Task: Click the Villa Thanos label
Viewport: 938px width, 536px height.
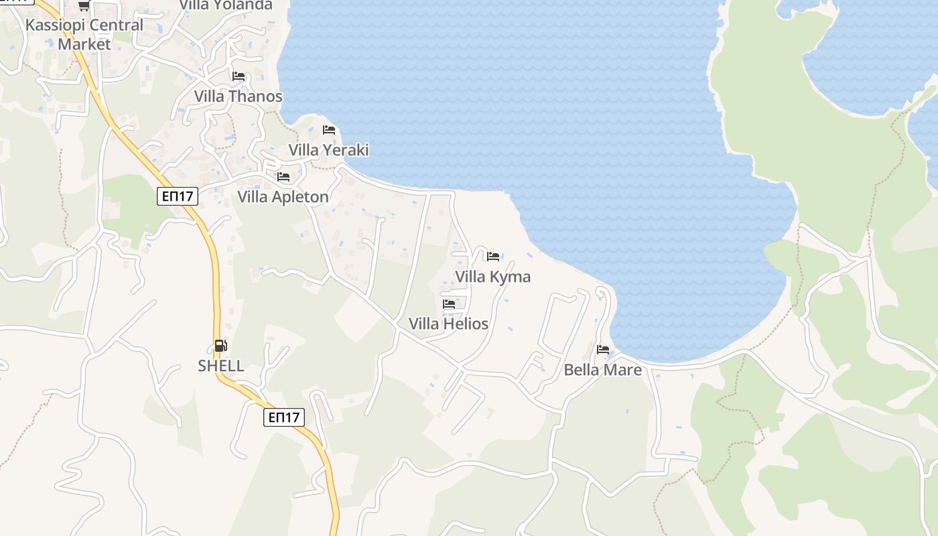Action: (x=239, y=96)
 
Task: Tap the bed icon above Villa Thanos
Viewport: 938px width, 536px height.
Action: (x=239, y=76)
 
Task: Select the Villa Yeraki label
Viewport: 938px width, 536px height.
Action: (x=328, y=150)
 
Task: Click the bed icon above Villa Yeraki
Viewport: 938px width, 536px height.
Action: (x=329, y=130)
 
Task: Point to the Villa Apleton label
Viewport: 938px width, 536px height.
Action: (x=283, y=197)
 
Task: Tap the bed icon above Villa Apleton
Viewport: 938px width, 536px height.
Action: (x=283, y=177)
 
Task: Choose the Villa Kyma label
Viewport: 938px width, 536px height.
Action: (x=493, y=277)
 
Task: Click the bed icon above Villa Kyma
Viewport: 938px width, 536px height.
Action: (x=493, y=257)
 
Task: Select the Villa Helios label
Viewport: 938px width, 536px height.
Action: (x=449, y=324)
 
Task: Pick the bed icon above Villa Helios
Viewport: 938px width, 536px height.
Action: (x=449, y=304)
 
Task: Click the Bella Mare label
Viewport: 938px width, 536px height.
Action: (x=603, y=370)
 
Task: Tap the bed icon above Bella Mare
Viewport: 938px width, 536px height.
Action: (x=603, y=350)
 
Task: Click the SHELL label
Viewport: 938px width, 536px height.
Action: (x=221, y=366)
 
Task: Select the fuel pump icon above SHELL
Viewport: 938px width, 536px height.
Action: (x=220, y=346)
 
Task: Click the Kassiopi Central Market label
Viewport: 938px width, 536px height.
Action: (x=84, y=34)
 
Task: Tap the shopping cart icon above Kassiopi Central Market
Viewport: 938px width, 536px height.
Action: (x=84, y=6)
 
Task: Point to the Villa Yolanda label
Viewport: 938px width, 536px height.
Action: (x=226, y=5)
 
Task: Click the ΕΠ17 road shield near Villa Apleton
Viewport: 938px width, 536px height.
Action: (x=178, y=196)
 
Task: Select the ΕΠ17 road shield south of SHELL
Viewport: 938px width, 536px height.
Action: (x=283, y=417)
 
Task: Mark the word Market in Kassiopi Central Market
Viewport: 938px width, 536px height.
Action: (x=84, y=44)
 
